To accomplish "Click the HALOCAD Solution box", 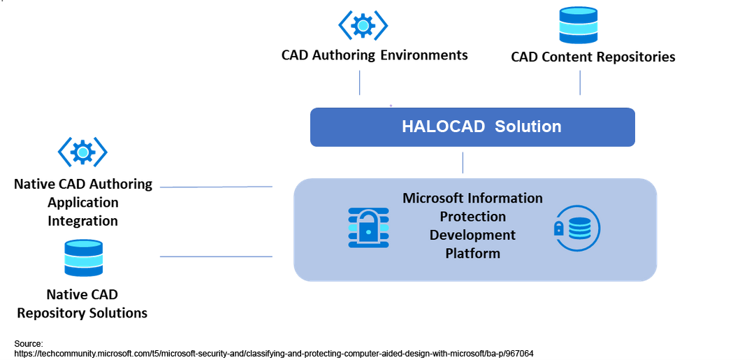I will click(472, 127).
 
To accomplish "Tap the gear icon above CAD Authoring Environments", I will click(363, 26).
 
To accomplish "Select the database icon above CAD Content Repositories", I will click(579, 25).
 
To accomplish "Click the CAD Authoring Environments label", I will click(375, 55).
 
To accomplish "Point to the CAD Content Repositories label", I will click(593, 57).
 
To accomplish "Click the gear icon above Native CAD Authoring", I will click(82, 151).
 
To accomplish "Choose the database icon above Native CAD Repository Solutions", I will click(83, 258).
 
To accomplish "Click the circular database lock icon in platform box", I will click(577, 228).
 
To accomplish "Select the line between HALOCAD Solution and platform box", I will click(463, 162).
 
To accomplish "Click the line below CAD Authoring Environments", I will click(360, 82).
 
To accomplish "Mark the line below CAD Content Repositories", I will click(580, 82).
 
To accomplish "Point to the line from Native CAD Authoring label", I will click(216, 187).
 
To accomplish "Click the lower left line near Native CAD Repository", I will click(216, 257).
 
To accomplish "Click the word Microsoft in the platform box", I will click(435, 199).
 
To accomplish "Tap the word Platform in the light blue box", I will click(472, 253).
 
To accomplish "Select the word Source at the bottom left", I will click(29, 343).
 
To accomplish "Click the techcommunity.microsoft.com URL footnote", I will click(273, 354).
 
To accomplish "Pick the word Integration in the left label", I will click(82, 221).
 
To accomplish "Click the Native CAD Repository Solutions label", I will click(82, 303).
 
